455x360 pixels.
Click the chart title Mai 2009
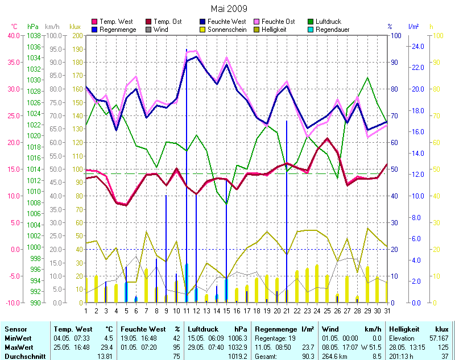click(x=229, y=9)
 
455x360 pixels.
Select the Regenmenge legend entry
click(x=118, y=30)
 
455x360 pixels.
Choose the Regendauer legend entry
click(x=332, y=30)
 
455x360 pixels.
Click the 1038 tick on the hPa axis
click(x=34, y=35)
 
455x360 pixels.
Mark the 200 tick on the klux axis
click(x=77, y=35)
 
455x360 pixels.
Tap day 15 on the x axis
click(x=226, y=311)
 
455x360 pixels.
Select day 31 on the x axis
click(x=387, y=311)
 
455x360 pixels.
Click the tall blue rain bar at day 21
click(x=287, y=210)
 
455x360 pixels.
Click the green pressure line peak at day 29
click(x=369, y=78)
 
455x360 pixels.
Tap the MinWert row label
click(x=18, y=338)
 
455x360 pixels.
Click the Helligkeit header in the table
click(x=404, y=329)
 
